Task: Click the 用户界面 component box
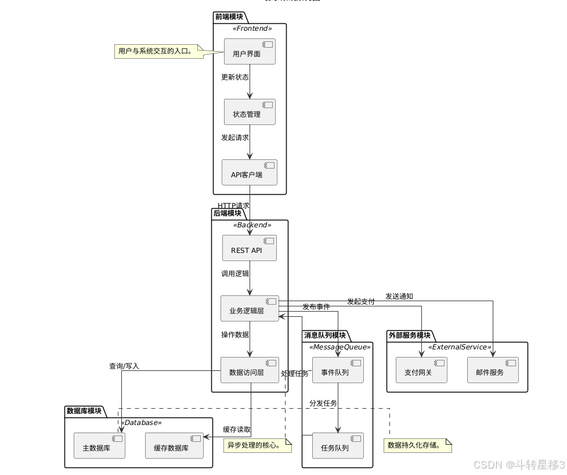pos(250,51)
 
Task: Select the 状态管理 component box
pos(250,112)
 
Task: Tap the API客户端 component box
pos(250,172)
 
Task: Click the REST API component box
pos(250,248)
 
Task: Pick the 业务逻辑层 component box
pos(250,308)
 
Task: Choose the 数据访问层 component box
pos(250,370)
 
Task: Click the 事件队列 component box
pos(338,370)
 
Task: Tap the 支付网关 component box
pos(422,370)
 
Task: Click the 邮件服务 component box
pos(493,370)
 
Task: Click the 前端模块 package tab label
pos(229,17)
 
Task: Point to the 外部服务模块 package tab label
pos(410,335)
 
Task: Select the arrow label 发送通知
pos(399,296)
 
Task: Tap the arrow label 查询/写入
pos(124,366)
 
